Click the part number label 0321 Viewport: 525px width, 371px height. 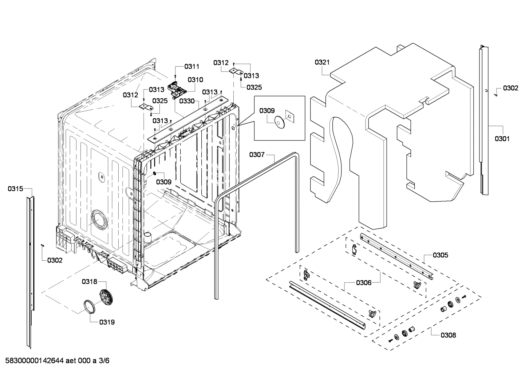click(x=322, y=62)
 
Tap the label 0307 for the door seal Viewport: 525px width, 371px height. click(x=257, y=155)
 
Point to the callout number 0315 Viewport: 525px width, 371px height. click(x=15, y=189)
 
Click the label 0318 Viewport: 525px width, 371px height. click(x=89, y=281)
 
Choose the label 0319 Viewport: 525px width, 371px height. click(x=107, y=322)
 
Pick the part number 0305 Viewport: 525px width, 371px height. click(x=441, y=255)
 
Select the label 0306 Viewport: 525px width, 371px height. click(x=363, y=283)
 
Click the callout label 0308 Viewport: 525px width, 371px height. click(x=448, y=335)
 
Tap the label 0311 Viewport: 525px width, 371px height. click(x=192, y=66)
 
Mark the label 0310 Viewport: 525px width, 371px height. click(x=196, y=80)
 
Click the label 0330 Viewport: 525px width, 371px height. click(x=186, y=101)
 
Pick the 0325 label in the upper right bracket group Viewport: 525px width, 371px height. click(x=254, y=87)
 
